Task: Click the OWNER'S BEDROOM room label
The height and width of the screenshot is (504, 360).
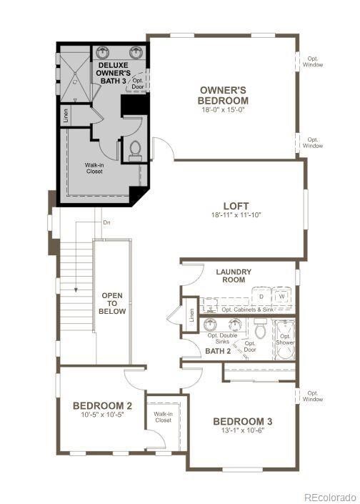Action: (224, 95)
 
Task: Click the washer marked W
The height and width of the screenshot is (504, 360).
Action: (281, 295)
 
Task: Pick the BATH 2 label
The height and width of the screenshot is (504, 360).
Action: (218, 351)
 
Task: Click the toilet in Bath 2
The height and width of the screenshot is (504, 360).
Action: (260, 330)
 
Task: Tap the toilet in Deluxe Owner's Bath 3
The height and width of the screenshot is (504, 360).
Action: (135, 149)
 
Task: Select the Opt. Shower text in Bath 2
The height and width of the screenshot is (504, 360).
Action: (285, 339)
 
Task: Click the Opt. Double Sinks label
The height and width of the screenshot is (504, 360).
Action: (222, 338)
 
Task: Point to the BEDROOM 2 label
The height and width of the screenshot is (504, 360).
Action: (102, 406)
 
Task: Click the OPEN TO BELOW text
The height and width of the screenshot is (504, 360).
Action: (113, 303)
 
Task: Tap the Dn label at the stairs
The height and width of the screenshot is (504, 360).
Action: (106, 223)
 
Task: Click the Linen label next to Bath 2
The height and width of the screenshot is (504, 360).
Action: (191, 315)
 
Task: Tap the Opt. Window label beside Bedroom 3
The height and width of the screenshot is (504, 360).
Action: (312, 395)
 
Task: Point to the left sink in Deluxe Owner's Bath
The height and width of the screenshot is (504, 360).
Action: (103, 52)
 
